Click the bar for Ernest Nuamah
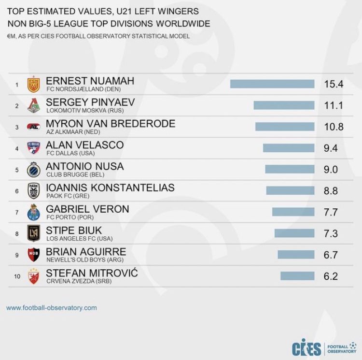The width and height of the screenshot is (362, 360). [272, 84]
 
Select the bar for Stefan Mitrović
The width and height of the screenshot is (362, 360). [297, 276]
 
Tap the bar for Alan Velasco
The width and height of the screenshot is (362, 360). [289, 148]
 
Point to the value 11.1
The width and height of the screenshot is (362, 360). [334, 105]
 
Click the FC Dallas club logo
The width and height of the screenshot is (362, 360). [33, 148]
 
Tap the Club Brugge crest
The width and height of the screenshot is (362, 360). [33, 169]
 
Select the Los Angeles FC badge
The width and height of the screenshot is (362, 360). [33, 233]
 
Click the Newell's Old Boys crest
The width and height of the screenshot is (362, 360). [33, 255]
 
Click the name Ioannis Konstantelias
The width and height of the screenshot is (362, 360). [110, 187]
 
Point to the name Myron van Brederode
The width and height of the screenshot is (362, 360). [111, 123]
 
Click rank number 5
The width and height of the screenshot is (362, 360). [16, 170]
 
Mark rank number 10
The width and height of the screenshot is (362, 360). [16, 276]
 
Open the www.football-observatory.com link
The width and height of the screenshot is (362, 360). [52, 307]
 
